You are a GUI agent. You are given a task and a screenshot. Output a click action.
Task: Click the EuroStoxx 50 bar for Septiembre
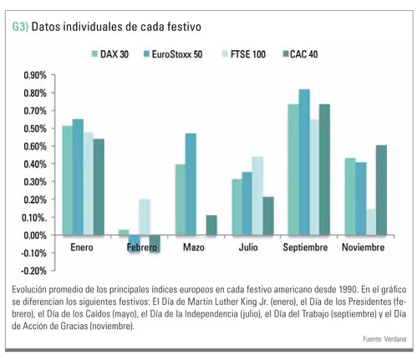pyautogui.click(x=304, y=162)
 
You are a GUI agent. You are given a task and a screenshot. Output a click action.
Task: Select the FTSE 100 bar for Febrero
pyautogui.click(x=145, y=217)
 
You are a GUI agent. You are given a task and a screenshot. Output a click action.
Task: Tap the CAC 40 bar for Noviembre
pyautogui.click(x=381, y=190)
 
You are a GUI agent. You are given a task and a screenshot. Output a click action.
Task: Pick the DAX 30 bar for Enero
pyautogui.click(x=68, y=180)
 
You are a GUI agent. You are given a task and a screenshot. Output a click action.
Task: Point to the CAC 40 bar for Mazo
pyautogui.click(x=211, y=226)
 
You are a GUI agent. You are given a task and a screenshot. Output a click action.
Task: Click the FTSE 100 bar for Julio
pyautogui.click(x=257, y=195)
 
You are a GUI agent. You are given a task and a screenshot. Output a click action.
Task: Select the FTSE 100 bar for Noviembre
pyautogui.click(x=371, y=222)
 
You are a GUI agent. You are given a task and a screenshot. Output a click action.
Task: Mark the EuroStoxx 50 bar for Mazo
pyautogui.click(x=191, y=185)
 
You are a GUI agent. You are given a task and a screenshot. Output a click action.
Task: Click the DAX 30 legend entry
pyautogui.click(x=110, y=54)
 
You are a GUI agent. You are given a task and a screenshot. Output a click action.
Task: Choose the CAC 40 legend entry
pyautogui.click(x=300, y=54)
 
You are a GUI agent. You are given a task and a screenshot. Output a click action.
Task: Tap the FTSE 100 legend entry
pyautogui.click(x=244, y=54)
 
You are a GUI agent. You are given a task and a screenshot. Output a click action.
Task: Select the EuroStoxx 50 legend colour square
pyautogui.click(x=146, y=53)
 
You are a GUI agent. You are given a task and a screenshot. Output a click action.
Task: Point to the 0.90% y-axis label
pyautogui.click(x=35, y=75)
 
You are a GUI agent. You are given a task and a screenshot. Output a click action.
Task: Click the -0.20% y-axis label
pyautogui.click(x=33, y=271)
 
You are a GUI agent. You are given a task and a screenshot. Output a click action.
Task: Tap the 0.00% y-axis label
pyautogui.click(x=35, y=236)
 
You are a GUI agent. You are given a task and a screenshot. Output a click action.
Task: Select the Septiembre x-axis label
pyautogui.click(x=305, y=247)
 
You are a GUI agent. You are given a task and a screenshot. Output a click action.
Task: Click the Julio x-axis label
pyautogui.click(x=248, y=247)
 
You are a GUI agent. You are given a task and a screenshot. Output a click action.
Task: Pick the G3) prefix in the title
pyautogui.click(x=20, y=27)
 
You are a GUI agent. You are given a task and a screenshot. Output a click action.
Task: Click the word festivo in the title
pyautogui.click(x=184, y=27)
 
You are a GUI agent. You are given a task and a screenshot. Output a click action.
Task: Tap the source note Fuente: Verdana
pyautogui.click(x=384, y=339)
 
